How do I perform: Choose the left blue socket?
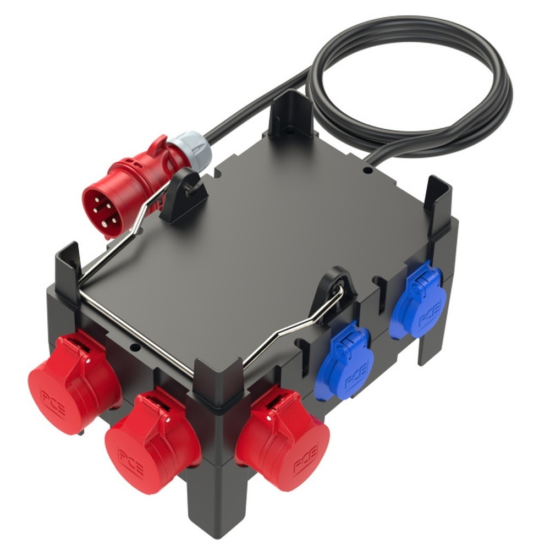click(x=346, y=360)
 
